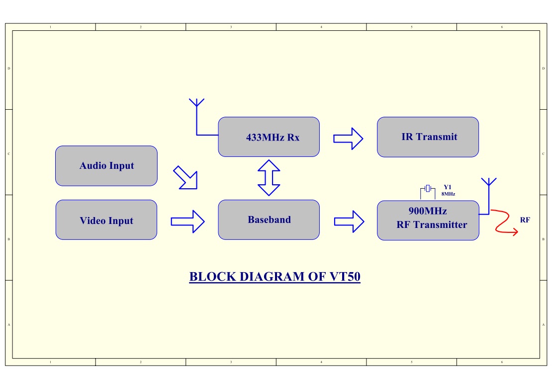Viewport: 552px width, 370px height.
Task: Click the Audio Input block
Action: tap(106, 166)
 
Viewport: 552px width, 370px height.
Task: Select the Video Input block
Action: tap(106, 220)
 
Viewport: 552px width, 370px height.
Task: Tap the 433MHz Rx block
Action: tap(269, 137)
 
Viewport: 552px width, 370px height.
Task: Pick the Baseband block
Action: tap(269, 220)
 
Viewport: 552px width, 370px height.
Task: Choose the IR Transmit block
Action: tap(428, 137)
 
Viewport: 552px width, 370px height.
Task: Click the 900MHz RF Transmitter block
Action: tap(428, 221)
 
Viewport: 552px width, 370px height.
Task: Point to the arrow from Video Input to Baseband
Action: tap(187, 221)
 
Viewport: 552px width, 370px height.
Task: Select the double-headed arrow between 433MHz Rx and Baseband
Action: tap(269, 178)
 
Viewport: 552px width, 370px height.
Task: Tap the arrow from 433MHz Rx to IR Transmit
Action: tap(348, 138)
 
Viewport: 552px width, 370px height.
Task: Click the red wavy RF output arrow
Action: tap(504, 222)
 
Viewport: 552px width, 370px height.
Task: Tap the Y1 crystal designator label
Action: tap(447, 187)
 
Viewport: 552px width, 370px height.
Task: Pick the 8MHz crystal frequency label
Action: tap(448, 194)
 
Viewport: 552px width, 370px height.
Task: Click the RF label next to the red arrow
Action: tap(525, 219)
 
